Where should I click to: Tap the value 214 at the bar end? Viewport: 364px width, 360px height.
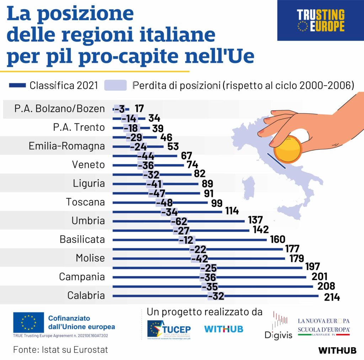[x=332, y=297]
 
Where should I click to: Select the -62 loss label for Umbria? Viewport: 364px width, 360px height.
[x=179, y=221]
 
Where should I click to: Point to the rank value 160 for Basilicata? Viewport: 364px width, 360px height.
[x=278, y=240]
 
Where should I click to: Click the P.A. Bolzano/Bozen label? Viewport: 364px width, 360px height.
[x=60, y=109]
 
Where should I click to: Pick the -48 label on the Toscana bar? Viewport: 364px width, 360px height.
[x=164, y=203]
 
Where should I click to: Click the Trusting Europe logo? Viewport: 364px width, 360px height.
[x=321, y=20]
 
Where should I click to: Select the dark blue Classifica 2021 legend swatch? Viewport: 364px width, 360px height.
[x=17, y=85]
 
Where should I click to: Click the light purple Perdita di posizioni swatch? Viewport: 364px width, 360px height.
[x=116, y=85]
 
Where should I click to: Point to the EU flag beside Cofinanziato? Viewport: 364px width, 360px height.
[x=28, y=322]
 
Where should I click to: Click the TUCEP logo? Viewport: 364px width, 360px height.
[x=169, y=329]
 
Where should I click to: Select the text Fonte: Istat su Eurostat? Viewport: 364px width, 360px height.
[x=60, y=349]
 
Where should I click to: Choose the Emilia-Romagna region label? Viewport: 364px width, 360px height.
[x=67, y=146]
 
